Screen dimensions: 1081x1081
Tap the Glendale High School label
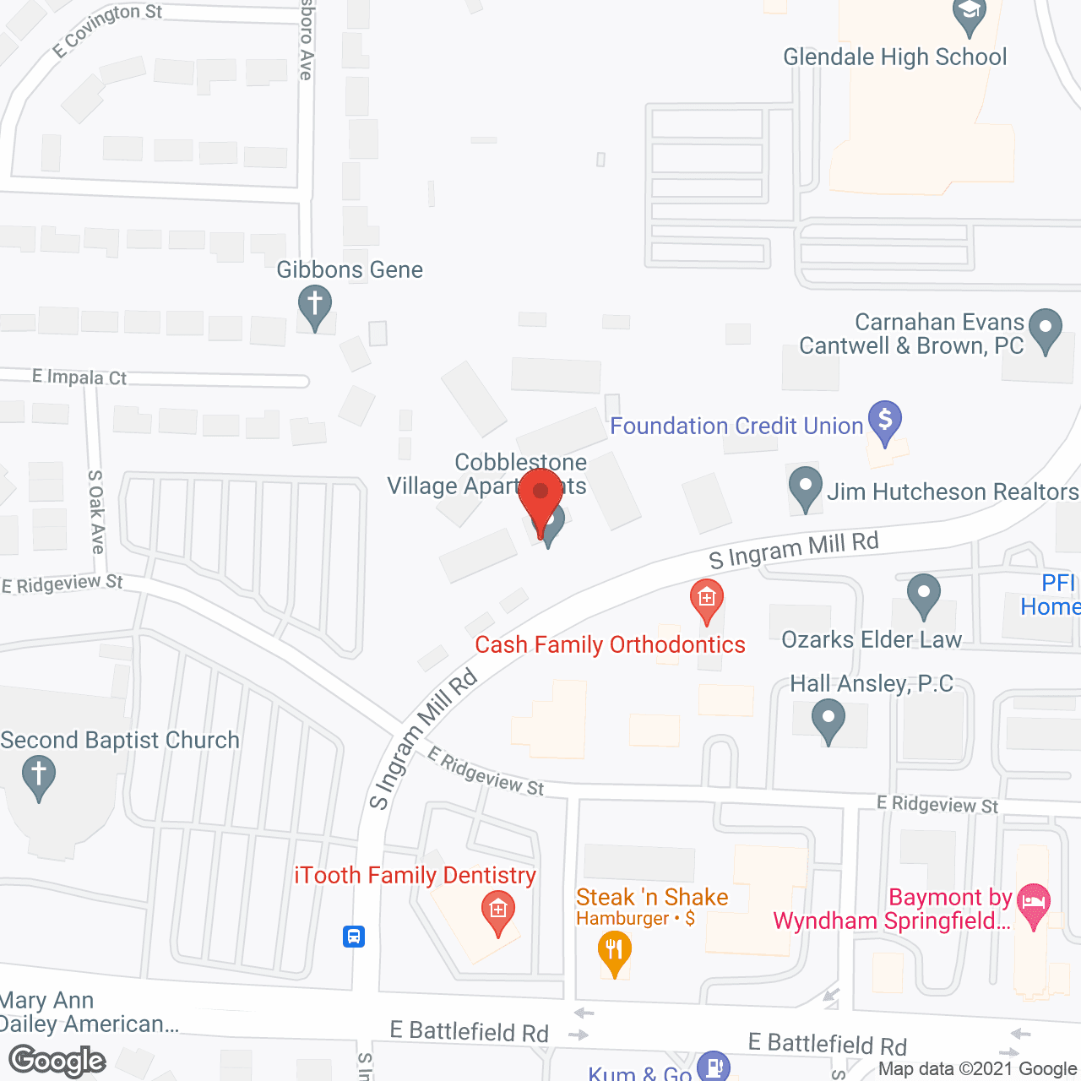(x=894, y=57)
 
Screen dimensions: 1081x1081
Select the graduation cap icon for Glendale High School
(x=969, y=14)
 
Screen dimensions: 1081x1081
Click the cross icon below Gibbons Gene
(x=315, y=305)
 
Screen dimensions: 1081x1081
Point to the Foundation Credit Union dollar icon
(x=884, y=421)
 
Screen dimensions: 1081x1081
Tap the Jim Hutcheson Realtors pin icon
(x=805, y=487)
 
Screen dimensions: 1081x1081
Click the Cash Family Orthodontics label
(x=610, y=645)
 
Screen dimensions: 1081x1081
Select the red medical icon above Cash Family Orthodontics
(x=707, y=599)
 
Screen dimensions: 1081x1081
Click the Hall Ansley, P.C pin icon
(x=828, y=721)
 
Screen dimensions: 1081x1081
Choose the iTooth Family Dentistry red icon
(x=497, y=912)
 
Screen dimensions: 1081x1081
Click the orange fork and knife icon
(x=614, y=951)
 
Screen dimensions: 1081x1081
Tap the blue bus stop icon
(x=354, y=936)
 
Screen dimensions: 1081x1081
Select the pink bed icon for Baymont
(x=1034, y=903)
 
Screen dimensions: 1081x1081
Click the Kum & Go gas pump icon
(x=714, y=1066)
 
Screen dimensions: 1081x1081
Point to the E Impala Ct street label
(x=79, y=377)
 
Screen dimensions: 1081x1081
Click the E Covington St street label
(x=107, y=29)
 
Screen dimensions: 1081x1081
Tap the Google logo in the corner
(x=57, y=1061)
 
